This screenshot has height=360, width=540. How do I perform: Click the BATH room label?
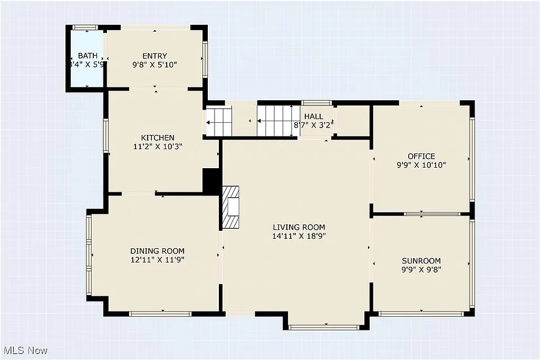(x=88, y=55)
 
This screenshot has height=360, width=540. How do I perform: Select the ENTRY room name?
(x=155, y=56)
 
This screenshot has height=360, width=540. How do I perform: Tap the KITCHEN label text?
(x=153, y=138)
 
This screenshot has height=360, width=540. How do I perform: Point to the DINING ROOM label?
(x=157, y=251)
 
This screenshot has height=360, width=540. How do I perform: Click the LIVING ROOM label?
(x=299, y=227)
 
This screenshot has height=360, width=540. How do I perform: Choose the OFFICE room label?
(x=421, y=156)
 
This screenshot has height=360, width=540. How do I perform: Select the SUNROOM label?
(x=421, y=260)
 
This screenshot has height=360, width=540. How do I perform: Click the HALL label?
(x=313, y=116)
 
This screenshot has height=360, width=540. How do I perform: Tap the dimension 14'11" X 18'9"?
(x=299, y=236)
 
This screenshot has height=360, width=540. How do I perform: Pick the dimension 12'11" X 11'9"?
(x=157, y=259)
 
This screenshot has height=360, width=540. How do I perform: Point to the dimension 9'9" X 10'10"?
(x=421, y=165)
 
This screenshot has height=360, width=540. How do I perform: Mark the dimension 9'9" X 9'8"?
(x=421, y=269)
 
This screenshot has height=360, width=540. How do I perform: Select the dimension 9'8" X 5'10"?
(x=155, y=65)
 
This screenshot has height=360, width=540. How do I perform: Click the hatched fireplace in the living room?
(x=230, y=207)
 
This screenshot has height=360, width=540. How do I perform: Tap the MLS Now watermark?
(x=25, y=350)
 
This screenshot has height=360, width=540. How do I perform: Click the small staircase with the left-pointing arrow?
(x=218, y=122)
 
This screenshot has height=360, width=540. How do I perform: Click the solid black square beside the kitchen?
(x=211, y=181)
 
